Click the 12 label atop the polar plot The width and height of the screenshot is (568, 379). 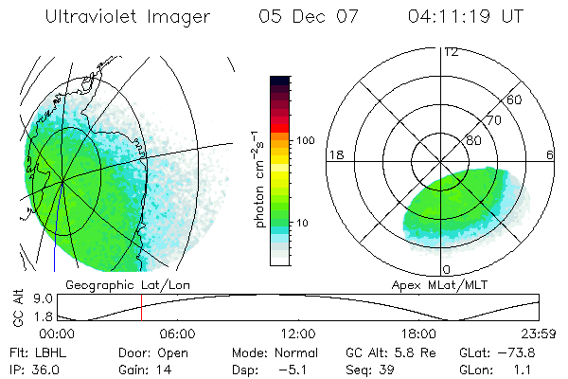pos(451,51)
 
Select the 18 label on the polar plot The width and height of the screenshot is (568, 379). pos(334,154)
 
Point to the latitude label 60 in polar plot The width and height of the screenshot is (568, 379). pos(515,99)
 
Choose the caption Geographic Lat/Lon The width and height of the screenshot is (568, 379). pos(118,284)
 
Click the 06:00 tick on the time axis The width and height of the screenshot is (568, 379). pos(177,334)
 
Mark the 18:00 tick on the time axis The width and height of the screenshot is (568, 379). pos(418,334)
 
